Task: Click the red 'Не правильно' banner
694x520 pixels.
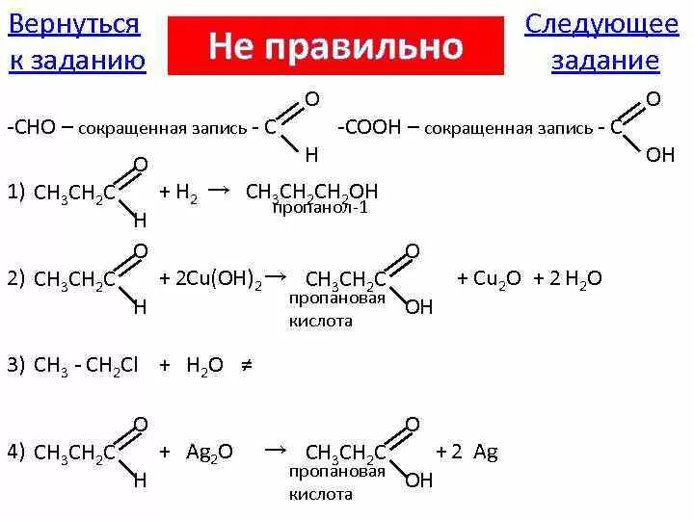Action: click(335, 45)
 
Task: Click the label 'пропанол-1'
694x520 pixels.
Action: click(320, 208)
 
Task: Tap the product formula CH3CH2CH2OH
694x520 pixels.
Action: click(311, 192)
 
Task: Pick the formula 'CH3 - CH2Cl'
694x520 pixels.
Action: click(87, 365)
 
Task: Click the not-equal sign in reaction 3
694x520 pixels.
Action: click(245, 364)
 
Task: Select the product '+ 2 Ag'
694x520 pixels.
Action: click(467, 452)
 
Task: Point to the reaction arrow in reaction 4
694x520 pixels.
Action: click(275, 450)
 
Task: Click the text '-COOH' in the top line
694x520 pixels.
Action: click(363, 127)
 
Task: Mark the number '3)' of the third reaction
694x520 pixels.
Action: click(16, 365)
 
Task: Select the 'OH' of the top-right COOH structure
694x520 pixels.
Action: click(660, 154)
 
